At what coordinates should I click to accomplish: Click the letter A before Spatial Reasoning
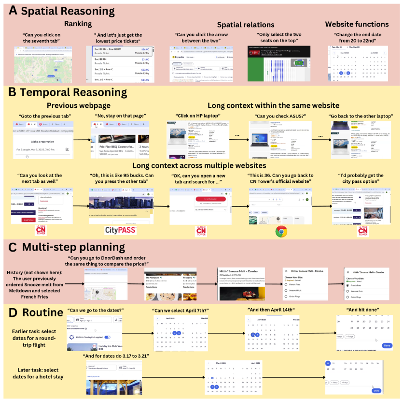coord(13,10)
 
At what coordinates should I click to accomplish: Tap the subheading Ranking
coord(78,23)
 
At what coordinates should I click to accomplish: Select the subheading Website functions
coord(357,24)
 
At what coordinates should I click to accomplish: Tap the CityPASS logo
coord(121,230)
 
